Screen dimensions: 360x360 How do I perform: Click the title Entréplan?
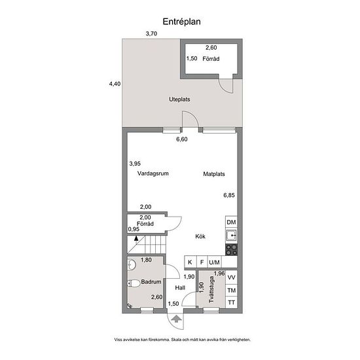pyautogui.click(x=181, y=22)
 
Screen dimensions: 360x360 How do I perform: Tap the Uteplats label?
pyautogui.click(x=179, y=99)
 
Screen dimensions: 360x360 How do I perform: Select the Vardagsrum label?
pyautogui.click(x=153, y=173)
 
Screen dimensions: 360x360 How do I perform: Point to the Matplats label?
pyautogui.click(x=214, y=174)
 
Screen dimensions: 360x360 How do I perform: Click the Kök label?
pyautogui.click(x=200, y=236)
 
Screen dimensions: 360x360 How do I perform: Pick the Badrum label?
pyautogui.click(x=151, y=281)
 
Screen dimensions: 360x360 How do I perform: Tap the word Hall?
pyautogui.click(x=180, y=288)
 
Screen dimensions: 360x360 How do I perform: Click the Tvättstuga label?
pyautogui.click(x=211, y=289)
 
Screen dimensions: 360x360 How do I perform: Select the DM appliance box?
pyautogui.click(x=231, y=222)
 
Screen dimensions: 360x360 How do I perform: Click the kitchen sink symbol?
pyautogui.click(x=232, y=236)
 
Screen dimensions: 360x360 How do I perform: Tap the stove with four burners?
pyautogui.click(x=232, y=250)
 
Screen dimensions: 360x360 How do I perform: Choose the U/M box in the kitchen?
pyautogui.click(x=215, y=262)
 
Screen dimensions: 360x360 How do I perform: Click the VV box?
pyautogui.click(x=231, y=278)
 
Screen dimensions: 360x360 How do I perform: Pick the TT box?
pyautogui.click(x=231, y=302)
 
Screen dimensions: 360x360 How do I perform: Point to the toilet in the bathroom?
pyautogui.click(x=134, y=283)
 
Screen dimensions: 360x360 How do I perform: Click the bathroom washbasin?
pyautogui.click(x=132, y=264)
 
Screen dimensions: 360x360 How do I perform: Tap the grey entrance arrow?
pyautogui.click(x=176, y=319)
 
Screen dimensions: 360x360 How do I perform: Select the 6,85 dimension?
pyautogui.click(x=229, y=195)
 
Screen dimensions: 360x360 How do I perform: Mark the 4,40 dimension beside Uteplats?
pyautogui.click(x=115, y=84)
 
